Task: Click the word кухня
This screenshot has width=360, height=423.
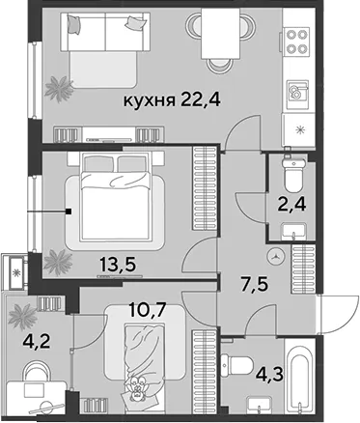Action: (150, 101)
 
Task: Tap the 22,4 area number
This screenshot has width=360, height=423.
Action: (200, 99)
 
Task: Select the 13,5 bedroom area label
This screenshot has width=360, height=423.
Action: (118, 265)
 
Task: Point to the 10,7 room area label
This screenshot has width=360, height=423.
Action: (147, 310)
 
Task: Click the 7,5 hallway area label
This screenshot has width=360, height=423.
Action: (255, 285)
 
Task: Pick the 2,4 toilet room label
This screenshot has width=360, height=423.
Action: (292, 204)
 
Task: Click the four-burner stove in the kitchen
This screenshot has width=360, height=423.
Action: (296, 41)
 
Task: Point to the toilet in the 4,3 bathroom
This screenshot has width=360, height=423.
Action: (237, 364)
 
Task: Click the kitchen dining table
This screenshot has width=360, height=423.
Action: (221, 34)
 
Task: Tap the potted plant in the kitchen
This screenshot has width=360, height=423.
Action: (59, 88)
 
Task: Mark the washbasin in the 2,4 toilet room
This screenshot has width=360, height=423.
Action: (294, 231)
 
